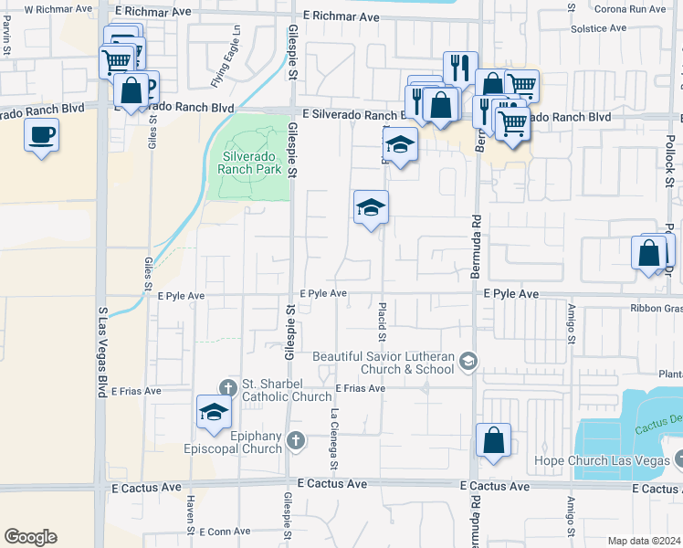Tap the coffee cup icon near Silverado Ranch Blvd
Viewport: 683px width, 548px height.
tap(41, 136)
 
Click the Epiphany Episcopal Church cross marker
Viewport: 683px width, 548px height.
tap(295, 442)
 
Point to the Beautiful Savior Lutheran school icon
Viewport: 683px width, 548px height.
tap(468, 363)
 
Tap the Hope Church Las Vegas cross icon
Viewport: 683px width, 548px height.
tap(677, 460)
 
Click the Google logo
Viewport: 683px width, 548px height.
tap(30, 537)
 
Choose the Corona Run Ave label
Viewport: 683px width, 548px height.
tap(630, 8)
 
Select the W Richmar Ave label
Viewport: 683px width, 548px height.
tap(58, 8)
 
